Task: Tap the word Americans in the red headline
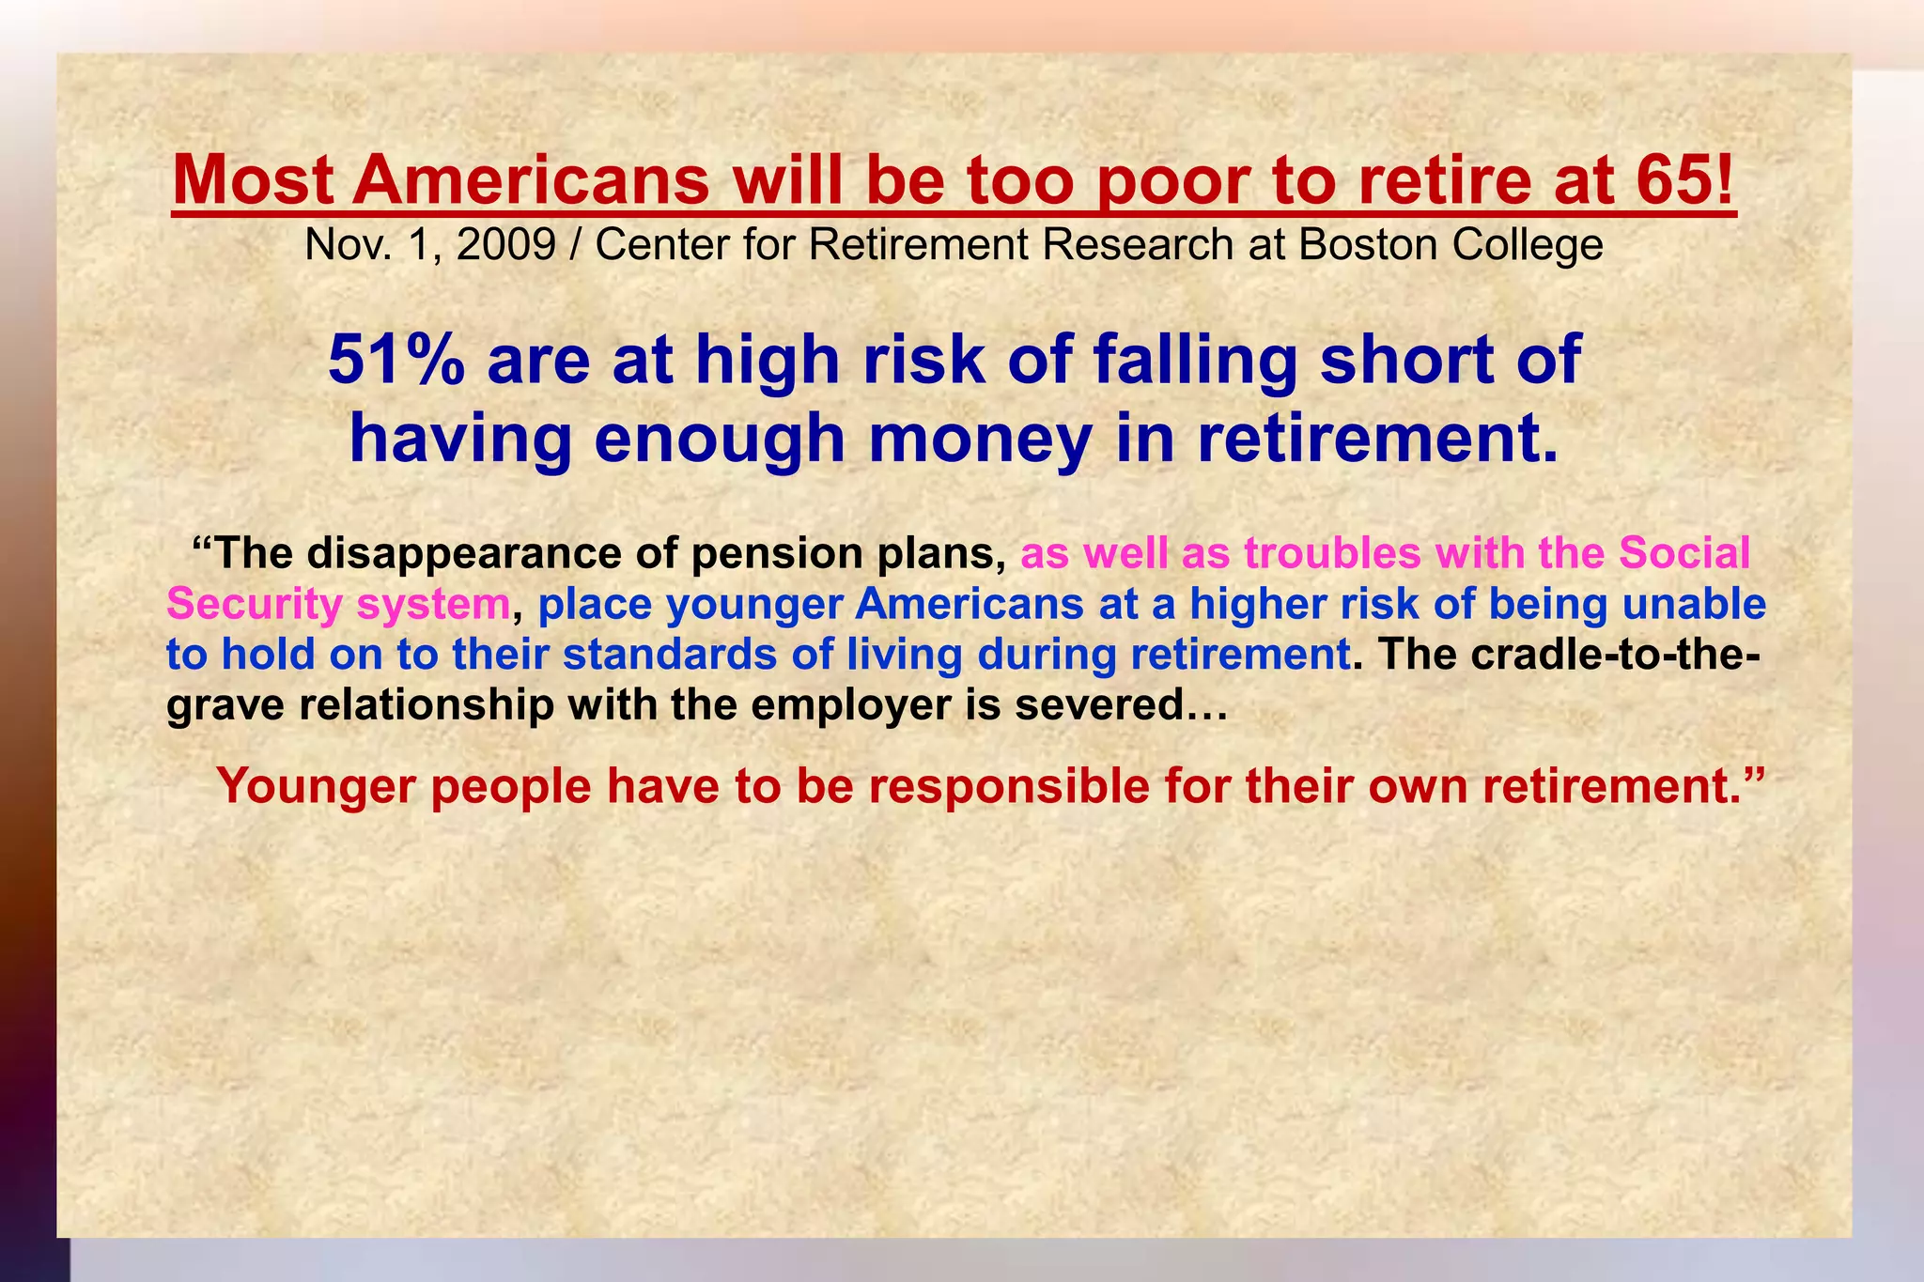coord(531,181)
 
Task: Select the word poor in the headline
coord(1171,181)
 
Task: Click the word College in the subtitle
coord(1528,245)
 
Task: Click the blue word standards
coord(669,655)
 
